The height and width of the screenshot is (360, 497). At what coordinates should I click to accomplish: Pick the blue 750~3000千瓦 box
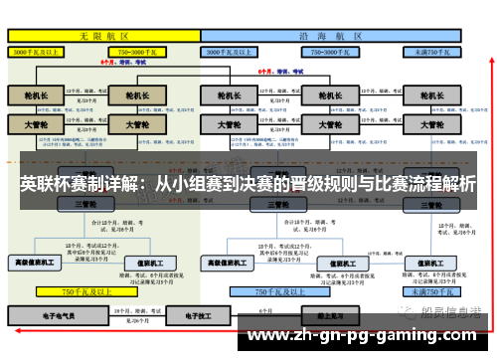[331, 50]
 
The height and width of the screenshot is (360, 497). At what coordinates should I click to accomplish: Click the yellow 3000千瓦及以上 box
[38, 50]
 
